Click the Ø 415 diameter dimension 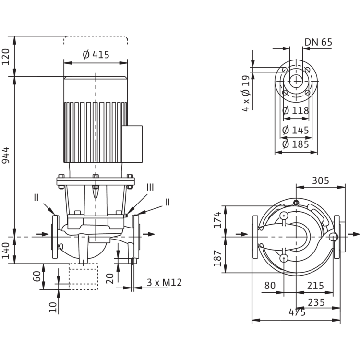point(96,55)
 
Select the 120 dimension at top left point(18,57)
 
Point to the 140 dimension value point(18,250)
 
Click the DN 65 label point(318,42)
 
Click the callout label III point(150,187)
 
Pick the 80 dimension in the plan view point(270,286)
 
